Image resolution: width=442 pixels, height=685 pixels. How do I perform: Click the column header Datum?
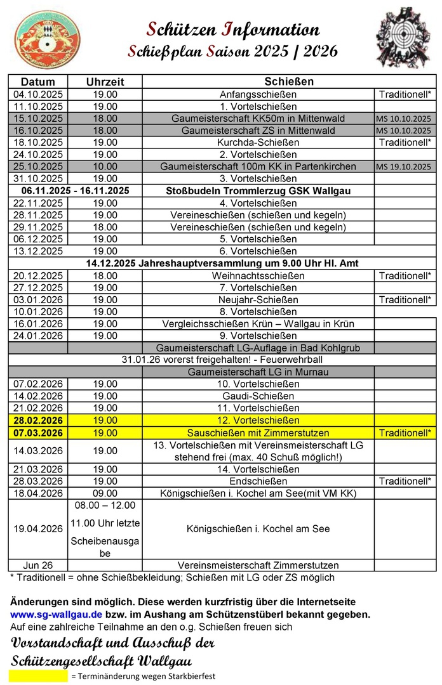(x=38, y=82)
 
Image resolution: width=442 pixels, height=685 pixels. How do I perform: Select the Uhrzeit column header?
(x=105, y=82)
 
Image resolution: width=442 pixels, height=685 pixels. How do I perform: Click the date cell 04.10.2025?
(x=38, y=95)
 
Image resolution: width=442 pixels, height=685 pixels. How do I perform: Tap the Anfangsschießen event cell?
(x=258, y=95)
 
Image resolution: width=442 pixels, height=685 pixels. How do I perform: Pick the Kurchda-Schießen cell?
(x=258, y=143)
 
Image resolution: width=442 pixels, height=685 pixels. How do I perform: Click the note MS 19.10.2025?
(x=403, y=167)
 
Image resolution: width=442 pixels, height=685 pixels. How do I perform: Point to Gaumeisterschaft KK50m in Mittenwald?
(x=258, y=119)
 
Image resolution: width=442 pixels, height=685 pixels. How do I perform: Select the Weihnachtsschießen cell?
(x=258, y=276)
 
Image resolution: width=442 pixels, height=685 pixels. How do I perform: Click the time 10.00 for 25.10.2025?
(x=105, y=167)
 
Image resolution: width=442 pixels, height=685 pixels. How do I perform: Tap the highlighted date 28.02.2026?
(x=38, y=421)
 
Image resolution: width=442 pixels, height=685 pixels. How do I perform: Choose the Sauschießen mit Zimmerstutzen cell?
(x=258, y=433)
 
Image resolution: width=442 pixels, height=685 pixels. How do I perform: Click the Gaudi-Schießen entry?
(x=258, y=396)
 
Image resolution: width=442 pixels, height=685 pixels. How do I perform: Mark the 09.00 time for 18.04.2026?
(x=105, y=493)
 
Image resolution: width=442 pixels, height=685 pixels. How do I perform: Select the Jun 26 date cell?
(x=38, y=565)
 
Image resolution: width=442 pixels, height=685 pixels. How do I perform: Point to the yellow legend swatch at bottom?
(x=38, y=676)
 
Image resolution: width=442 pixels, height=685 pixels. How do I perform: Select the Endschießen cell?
(x=258, y=481)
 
